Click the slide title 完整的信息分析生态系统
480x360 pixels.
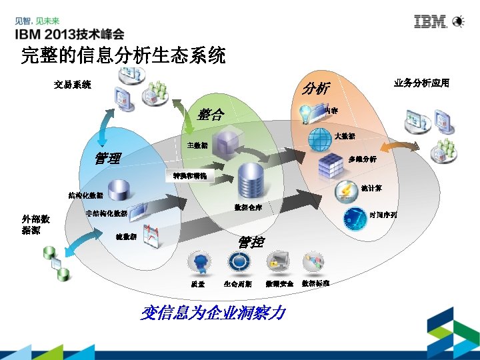tap(123, 56)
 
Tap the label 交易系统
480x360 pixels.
tap(73, 85)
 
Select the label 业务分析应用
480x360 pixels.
tap(421, 83)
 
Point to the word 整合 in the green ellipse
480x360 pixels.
tap(211, 114)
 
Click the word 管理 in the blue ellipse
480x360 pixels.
tap(108, 158)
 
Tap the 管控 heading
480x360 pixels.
tap(251, 242)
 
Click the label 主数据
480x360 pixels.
tap(197, 145)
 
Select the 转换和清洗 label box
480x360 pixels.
tap(189, 177)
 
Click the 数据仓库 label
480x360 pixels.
tap(248, 207)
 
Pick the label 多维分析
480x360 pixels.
tap(363, 159)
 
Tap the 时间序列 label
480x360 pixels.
tap(383, 215)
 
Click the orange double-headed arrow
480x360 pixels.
tap(399, 147)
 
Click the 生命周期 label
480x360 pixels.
tap(237, 284)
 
